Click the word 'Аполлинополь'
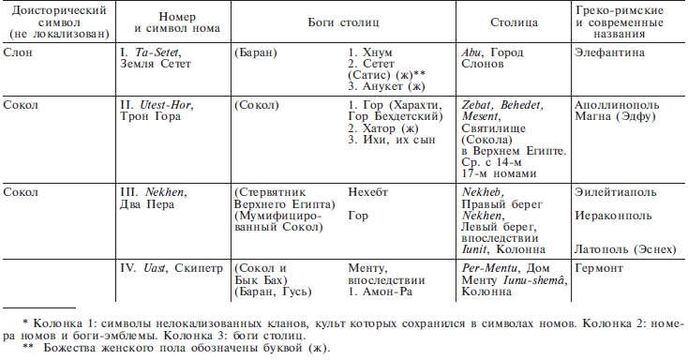click(612, 106)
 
